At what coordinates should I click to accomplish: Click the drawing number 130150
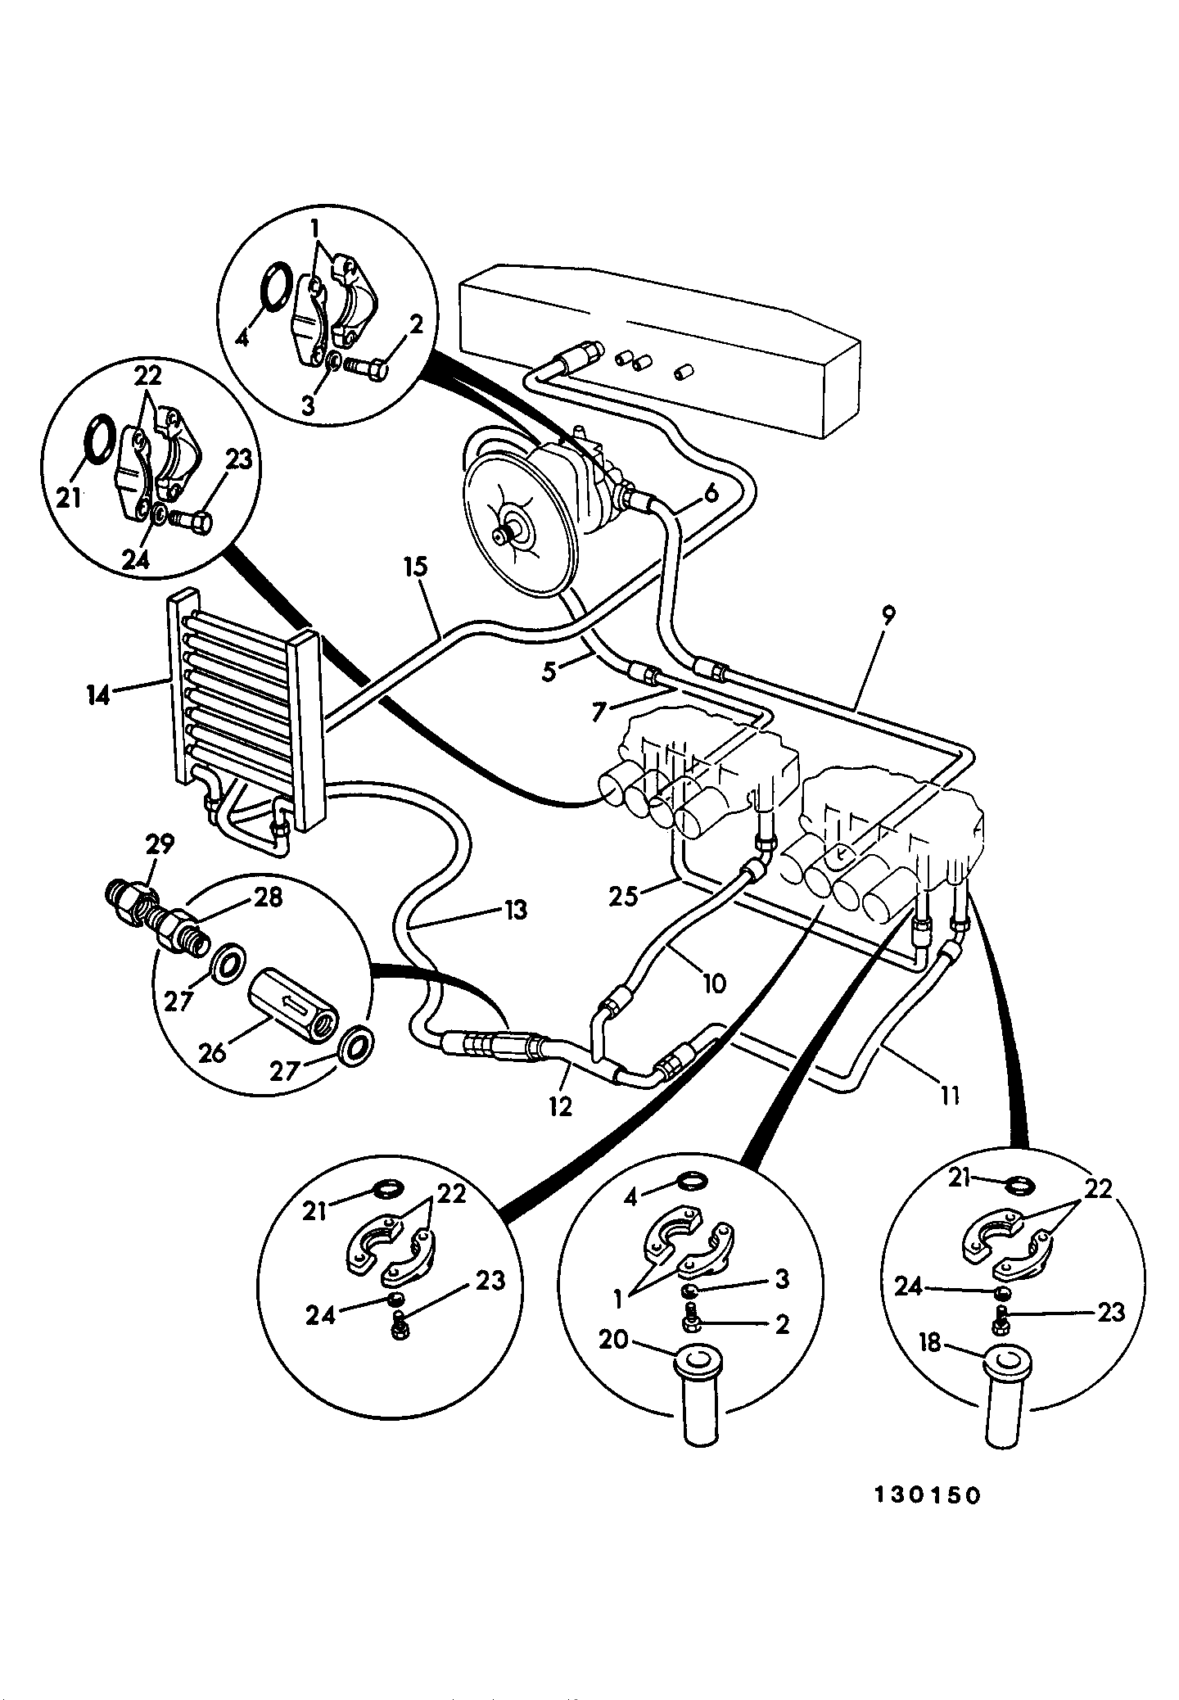click(926, 1495)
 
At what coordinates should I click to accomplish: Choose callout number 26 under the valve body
click(212, 1052)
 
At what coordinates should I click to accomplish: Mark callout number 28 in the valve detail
click(269, 897)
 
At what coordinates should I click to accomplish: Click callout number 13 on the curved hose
click(516, 910)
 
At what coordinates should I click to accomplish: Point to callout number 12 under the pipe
click(560, 1107)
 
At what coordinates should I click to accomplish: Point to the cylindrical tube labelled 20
click(698, 1403)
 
